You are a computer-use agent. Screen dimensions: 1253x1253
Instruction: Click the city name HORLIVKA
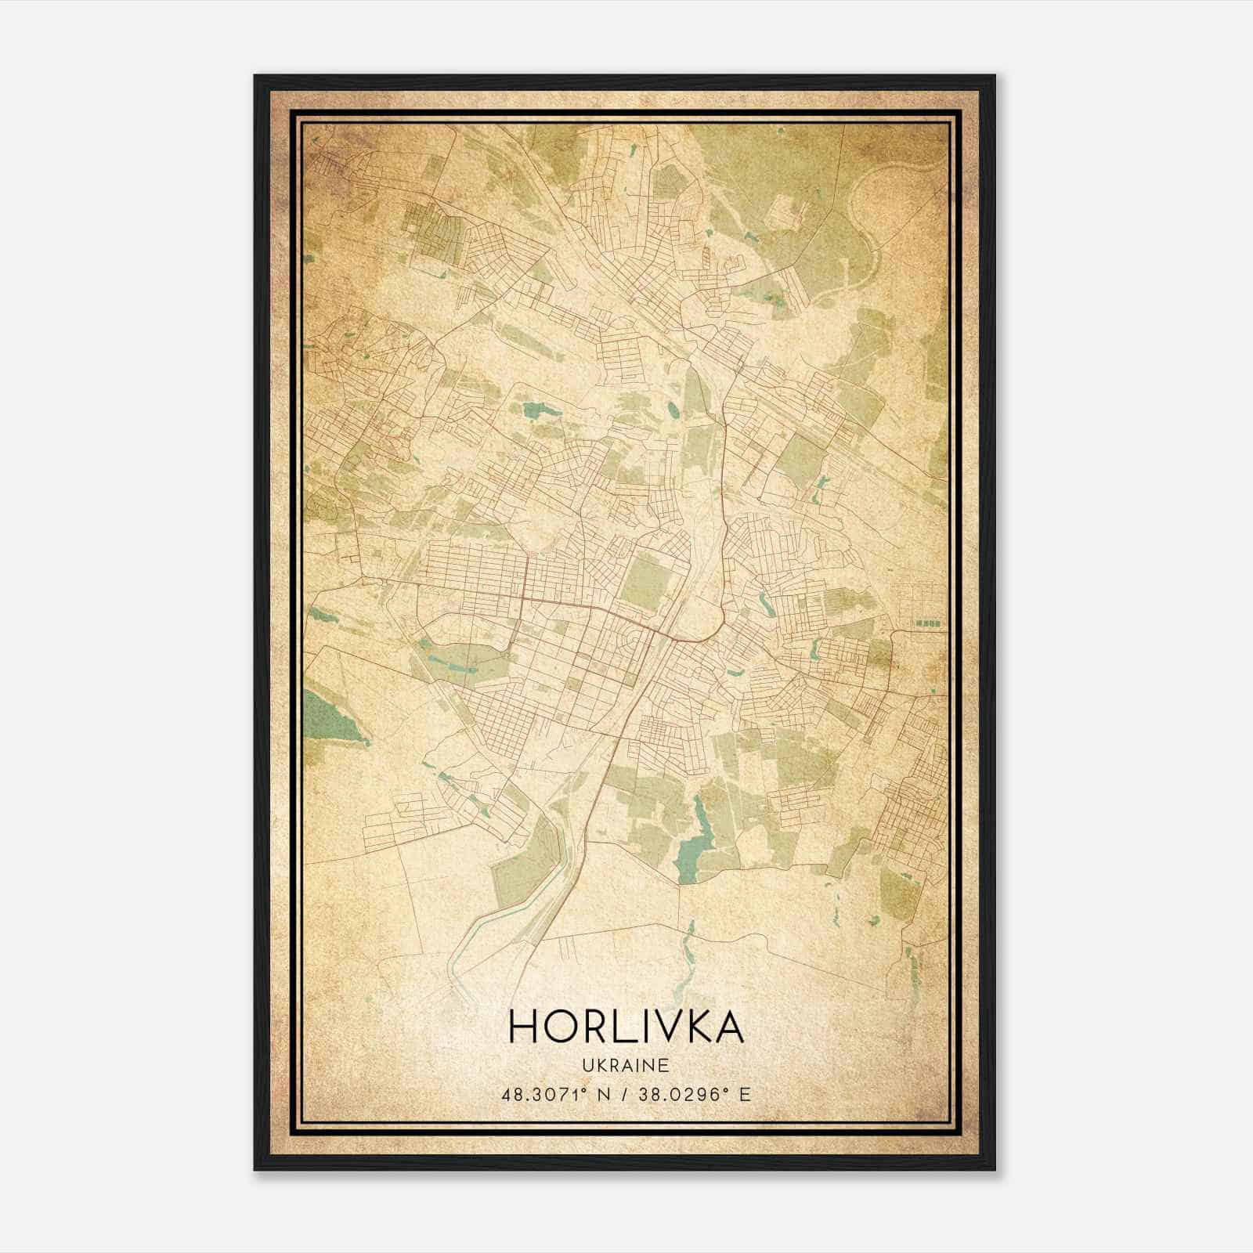point(626,1027)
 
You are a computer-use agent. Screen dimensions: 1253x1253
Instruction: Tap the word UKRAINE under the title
point(626,1066)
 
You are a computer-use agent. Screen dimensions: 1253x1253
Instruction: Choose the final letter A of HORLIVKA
point(728,1027)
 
